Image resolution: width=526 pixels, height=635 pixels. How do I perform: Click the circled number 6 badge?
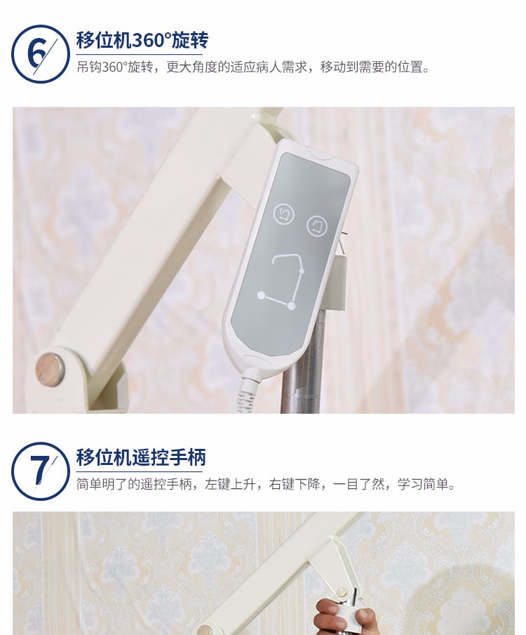[x=40, y=54]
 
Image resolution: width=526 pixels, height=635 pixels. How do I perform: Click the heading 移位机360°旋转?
[x=142, y=40]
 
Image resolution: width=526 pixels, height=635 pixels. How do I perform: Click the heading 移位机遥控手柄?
[x=141, y=457]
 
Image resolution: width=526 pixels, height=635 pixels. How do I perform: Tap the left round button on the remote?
[x=284, y=214]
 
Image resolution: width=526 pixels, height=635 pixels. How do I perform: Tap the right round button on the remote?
[x=317, y=226]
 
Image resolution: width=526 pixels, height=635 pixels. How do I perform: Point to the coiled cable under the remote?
[x=248, y=393]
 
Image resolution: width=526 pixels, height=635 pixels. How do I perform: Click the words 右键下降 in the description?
[x=295, y=484]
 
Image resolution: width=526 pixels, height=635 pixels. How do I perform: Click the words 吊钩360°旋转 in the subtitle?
[x=115, y=67]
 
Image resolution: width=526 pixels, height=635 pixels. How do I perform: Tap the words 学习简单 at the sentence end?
[x=423, y=484]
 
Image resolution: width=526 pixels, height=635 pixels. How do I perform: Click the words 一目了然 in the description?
[x=358, y=484]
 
